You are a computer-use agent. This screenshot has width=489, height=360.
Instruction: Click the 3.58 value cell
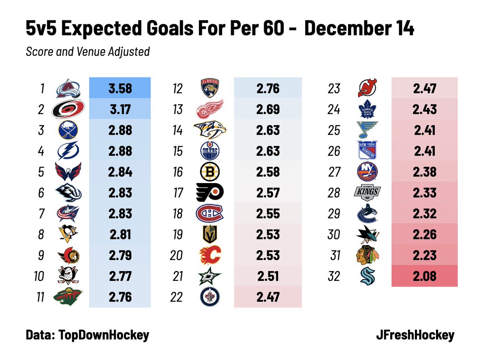point(120,88)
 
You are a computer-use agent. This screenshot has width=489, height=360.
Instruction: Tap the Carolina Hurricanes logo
point(68,109)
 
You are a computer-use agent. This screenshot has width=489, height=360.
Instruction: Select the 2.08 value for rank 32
point(424,276)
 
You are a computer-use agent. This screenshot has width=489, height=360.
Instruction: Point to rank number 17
point(178,193)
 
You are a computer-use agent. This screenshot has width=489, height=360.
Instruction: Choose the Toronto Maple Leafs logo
point(367,109)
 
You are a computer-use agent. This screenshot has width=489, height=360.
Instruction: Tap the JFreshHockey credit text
point(415,335)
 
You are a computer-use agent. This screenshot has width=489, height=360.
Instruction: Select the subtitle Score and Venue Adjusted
point(88,52)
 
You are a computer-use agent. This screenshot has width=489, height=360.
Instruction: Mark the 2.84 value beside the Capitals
point(120,172)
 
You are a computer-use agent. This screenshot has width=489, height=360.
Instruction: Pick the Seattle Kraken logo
point(367,276)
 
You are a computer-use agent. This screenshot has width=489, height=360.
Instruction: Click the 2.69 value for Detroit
point(268,109)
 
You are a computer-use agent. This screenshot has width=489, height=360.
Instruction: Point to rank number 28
point(334,193)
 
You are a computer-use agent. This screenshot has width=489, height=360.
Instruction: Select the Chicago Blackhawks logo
point(367,256)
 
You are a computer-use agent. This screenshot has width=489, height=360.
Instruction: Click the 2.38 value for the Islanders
point(424,172)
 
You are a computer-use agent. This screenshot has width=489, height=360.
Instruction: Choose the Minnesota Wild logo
point(68,297)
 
